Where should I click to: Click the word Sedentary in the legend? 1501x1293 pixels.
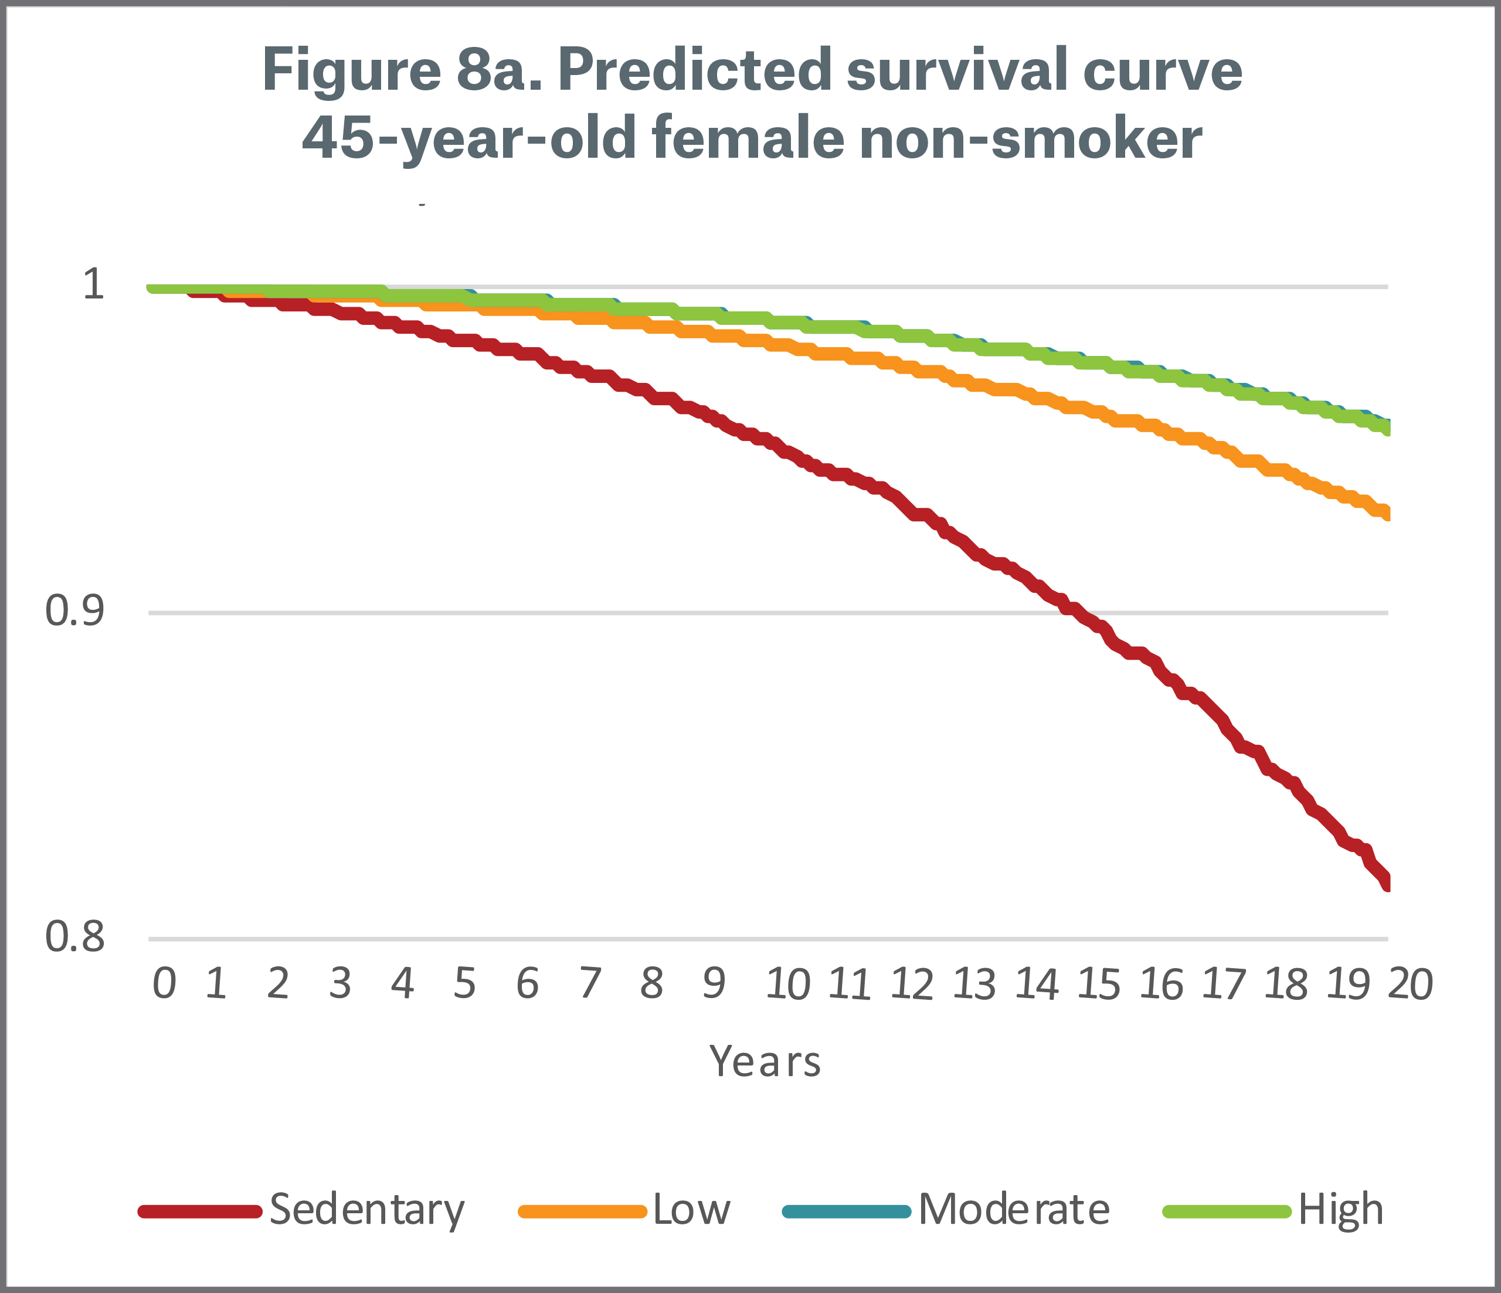(x=366, y=1210)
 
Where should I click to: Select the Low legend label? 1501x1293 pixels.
(x=691, y=1210)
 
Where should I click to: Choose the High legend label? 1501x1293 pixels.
(x=1340, y=1210)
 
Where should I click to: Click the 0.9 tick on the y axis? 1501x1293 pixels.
(x=74, y=610)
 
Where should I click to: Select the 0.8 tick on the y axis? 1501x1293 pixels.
(x=74, y=936)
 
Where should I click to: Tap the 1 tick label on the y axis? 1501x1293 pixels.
(x=93, y=284)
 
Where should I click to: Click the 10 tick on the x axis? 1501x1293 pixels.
(x=787, y=985)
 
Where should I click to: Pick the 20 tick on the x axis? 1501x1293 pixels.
(x=1410, y=985)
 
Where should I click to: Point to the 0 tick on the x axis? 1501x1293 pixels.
(x=164, y=985)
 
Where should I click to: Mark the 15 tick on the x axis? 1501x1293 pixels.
(x=1099, y=985)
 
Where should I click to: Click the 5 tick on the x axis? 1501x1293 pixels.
(x=465, y=985)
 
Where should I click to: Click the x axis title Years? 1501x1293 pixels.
(x=765, y=1062)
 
